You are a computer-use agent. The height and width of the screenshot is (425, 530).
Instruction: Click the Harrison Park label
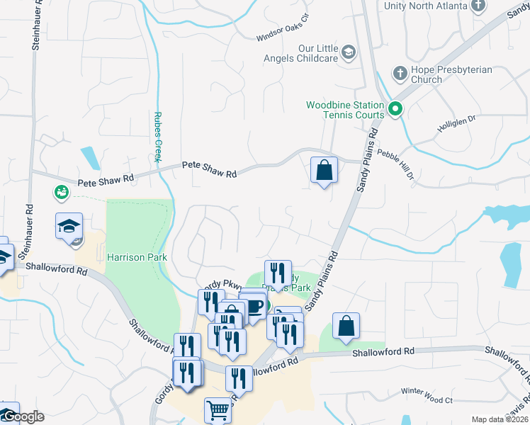[137, 257]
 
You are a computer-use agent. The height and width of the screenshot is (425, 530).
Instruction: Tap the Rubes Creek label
[159, 137]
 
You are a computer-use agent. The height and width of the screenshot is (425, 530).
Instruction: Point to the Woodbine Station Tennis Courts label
[345, 110]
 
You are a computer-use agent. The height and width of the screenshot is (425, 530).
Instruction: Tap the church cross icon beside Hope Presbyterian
[400, 72]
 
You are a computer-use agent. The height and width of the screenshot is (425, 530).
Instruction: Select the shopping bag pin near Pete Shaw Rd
[324, 170]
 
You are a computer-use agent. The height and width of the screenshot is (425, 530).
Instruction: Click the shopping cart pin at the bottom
[218, 410]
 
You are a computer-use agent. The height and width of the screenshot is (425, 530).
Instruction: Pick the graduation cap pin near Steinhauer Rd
[69, 226]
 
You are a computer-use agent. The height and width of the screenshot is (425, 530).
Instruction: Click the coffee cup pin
[254, 307]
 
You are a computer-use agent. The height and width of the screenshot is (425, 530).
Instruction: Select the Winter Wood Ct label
[427, 396]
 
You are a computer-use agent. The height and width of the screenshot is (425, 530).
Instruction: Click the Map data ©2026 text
[500, 419]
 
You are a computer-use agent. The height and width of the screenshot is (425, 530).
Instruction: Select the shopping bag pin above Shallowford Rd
[346, 327]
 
